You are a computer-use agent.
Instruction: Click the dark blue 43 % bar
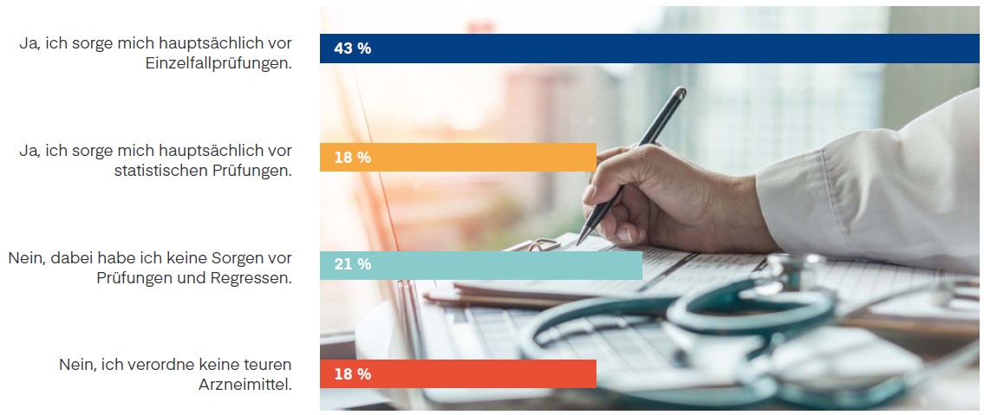tap(650, 49)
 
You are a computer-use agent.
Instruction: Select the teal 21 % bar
tap(481, 265)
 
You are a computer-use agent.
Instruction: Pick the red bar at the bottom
tap(458, 374)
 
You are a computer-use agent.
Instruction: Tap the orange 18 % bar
tap(458, 157)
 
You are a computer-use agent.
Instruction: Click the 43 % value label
tap(352, 49)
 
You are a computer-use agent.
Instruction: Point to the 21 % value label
tap(352, 265)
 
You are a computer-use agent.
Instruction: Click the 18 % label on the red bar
tap(352, 374)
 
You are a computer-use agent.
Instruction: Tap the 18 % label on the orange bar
tap(352, 157)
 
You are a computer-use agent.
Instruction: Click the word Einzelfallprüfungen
tap(218, 63)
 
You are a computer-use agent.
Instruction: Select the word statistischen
tap(159, 172)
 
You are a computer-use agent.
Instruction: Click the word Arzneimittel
tap(245, 384)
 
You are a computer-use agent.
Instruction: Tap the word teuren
tap(266, 365)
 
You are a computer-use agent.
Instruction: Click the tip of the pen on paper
tap(579, 242)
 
